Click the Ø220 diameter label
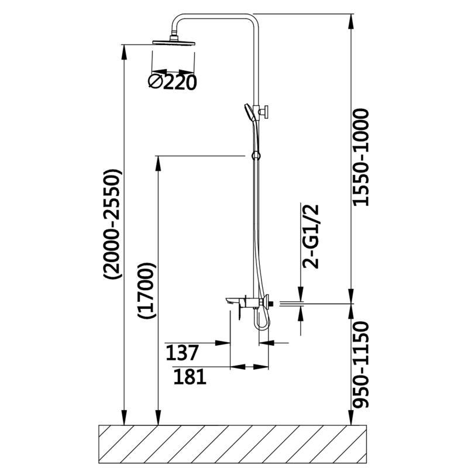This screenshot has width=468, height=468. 172,82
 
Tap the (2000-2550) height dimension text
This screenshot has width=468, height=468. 111,225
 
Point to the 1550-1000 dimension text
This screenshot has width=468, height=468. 363,157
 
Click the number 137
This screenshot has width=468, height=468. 183,353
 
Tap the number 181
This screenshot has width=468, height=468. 190,377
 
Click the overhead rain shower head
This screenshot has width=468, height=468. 174,41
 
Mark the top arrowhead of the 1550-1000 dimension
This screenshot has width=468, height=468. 352,19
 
